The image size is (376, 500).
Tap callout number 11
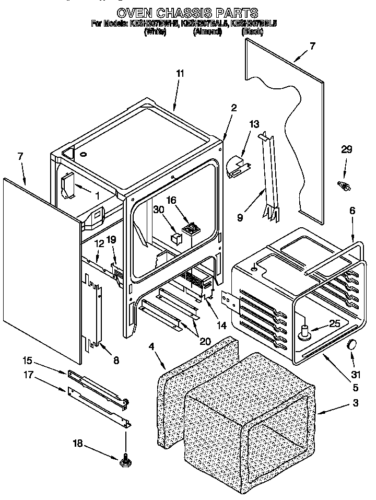point(180,74)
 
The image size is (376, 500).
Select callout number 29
point(347,150)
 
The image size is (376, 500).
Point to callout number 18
point(78,444)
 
